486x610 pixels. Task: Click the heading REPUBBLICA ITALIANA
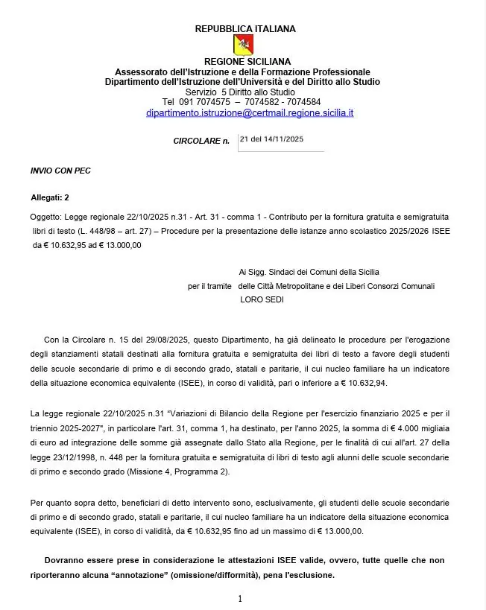pos(244,29)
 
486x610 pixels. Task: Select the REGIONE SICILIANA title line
pos(247,61)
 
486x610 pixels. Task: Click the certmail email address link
pos(250,113)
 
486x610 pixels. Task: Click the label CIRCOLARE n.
pos(201,141)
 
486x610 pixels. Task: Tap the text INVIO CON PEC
pos(60,171)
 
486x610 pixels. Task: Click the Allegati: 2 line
pos(50,197)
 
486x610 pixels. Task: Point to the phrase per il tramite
pos(209,286)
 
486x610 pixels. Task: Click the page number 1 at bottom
pos(240,599)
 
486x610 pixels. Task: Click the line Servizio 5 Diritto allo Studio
pos(240,92)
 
